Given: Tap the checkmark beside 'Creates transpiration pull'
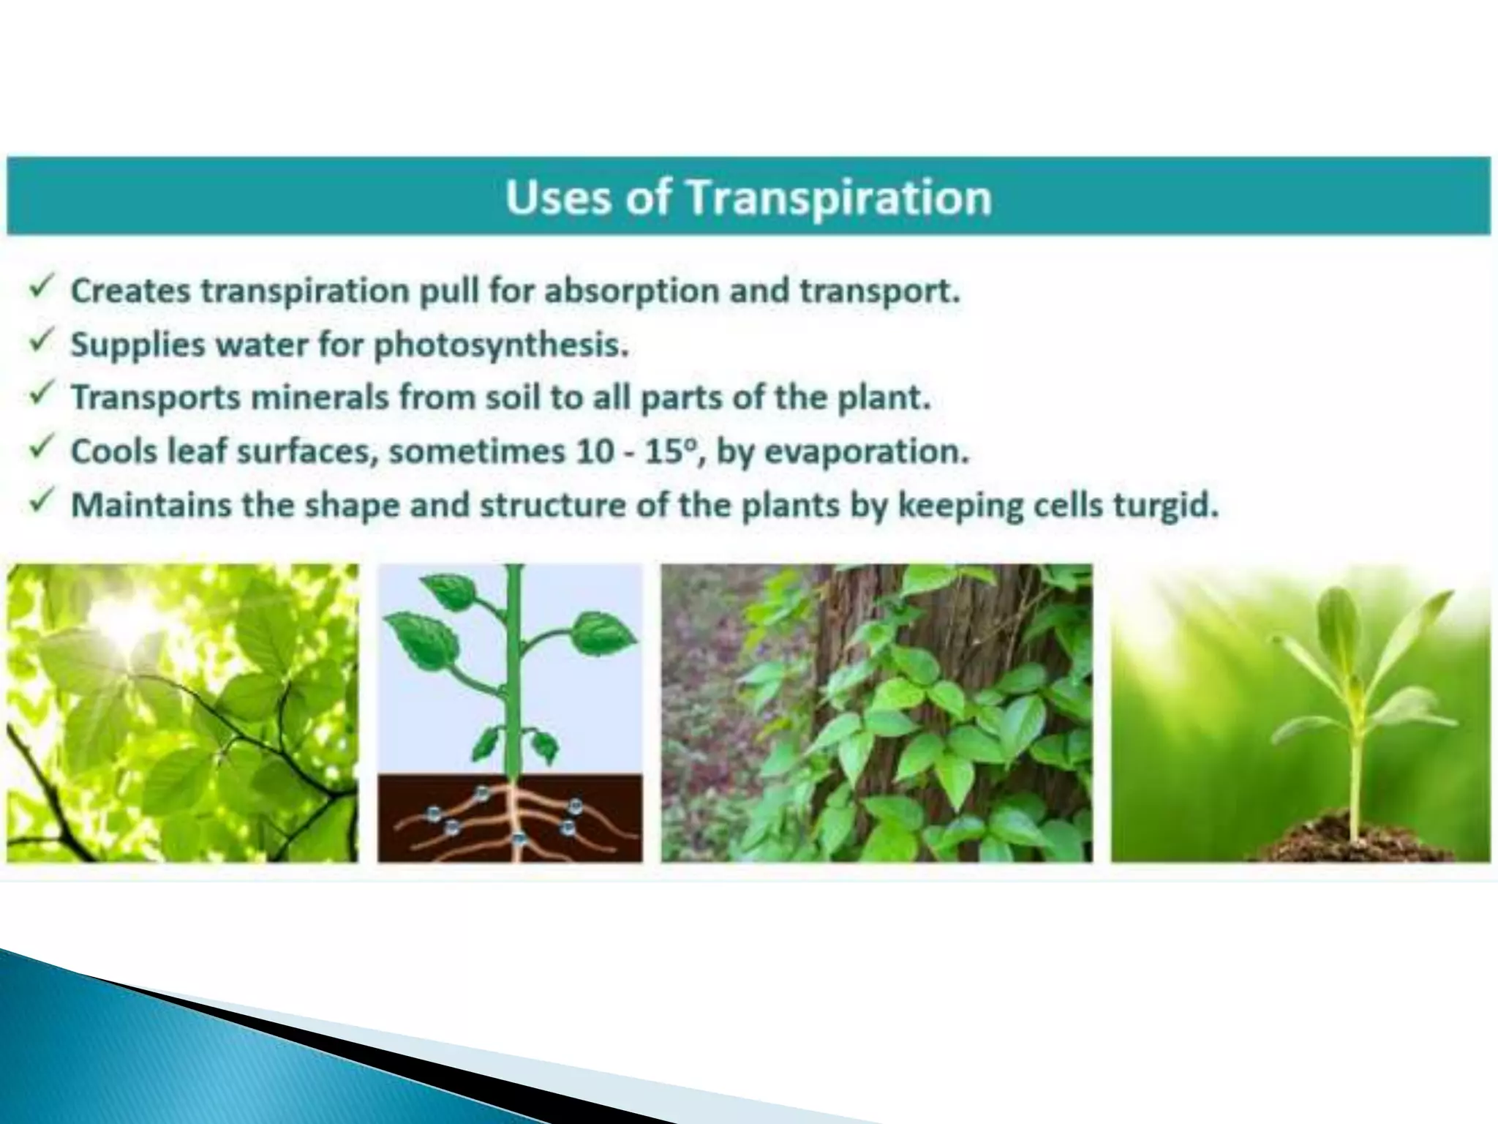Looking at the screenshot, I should point(42,287).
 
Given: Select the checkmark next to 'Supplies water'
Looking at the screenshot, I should point(42,340).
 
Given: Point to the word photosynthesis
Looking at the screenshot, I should point(500,345).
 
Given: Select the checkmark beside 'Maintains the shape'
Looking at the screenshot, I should point(42,501).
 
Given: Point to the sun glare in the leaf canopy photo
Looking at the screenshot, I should point(135,615).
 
